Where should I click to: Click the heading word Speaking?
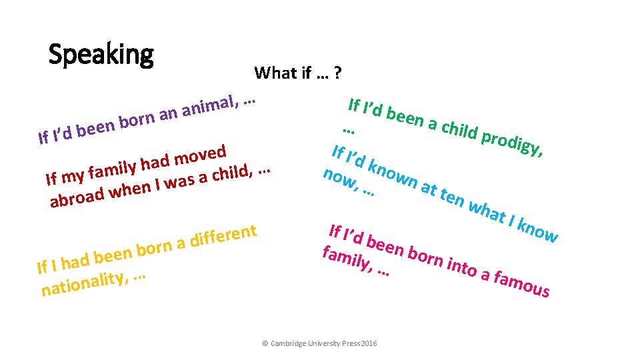101,54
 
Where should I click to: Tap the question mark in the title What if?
338,73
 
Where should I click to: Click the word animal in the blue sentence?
209,107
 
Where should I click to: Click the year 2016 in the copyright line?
369,343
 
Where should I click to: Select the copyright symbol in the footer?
265,343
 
